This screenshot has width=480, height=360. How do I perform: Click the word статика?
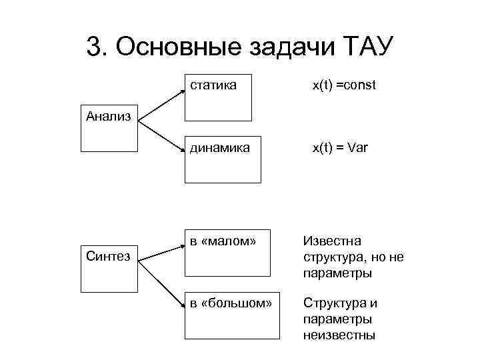(x=213, y=85)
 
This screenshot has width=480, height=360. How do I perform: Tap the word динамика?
(x=220, y=147)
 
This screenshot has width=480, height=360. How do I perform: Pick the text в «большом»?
(x=231, y=303)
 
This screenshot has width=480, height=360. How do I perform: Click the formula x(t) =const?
(x=345, y=85)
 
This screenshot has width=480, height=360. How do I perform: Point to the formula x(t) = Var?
(x=340, y=147)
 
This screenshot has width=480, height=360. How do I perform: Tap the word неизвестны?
(x=339, y=335)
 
